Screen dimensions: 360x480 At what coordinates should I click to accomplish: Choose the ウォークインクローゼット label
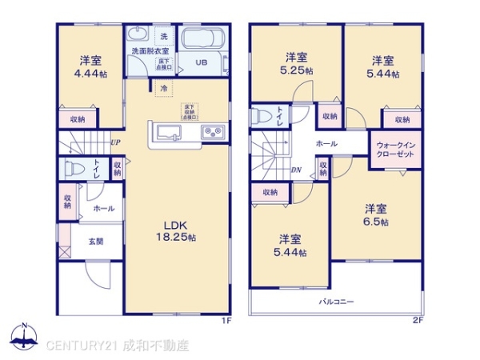pos(394,150)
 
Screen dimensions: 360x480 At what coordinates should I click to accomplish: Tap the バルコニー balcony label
pos(336,302)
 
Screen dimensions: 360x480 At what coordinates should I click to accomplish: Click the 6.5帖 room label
pos(375,215)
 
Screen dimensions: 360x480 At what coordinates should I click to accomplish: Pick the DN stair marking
pos(295,169)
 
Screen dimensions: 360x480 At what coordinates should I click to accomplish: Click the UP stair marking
pos(115,142)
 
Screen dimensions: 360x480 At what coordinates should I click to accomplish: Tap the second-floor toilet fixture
pos(262,117)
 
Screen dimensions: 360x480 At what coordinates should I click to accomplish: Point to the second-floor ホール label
pos(326,143)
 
